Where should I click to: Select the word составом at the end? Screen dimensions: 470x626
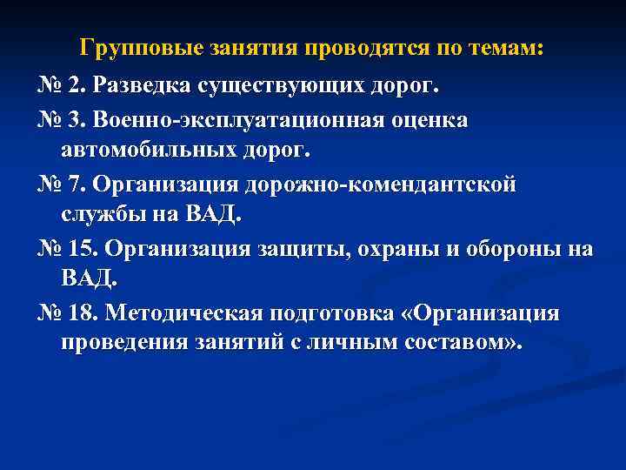pyautogui.click(x=456, y=342)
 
